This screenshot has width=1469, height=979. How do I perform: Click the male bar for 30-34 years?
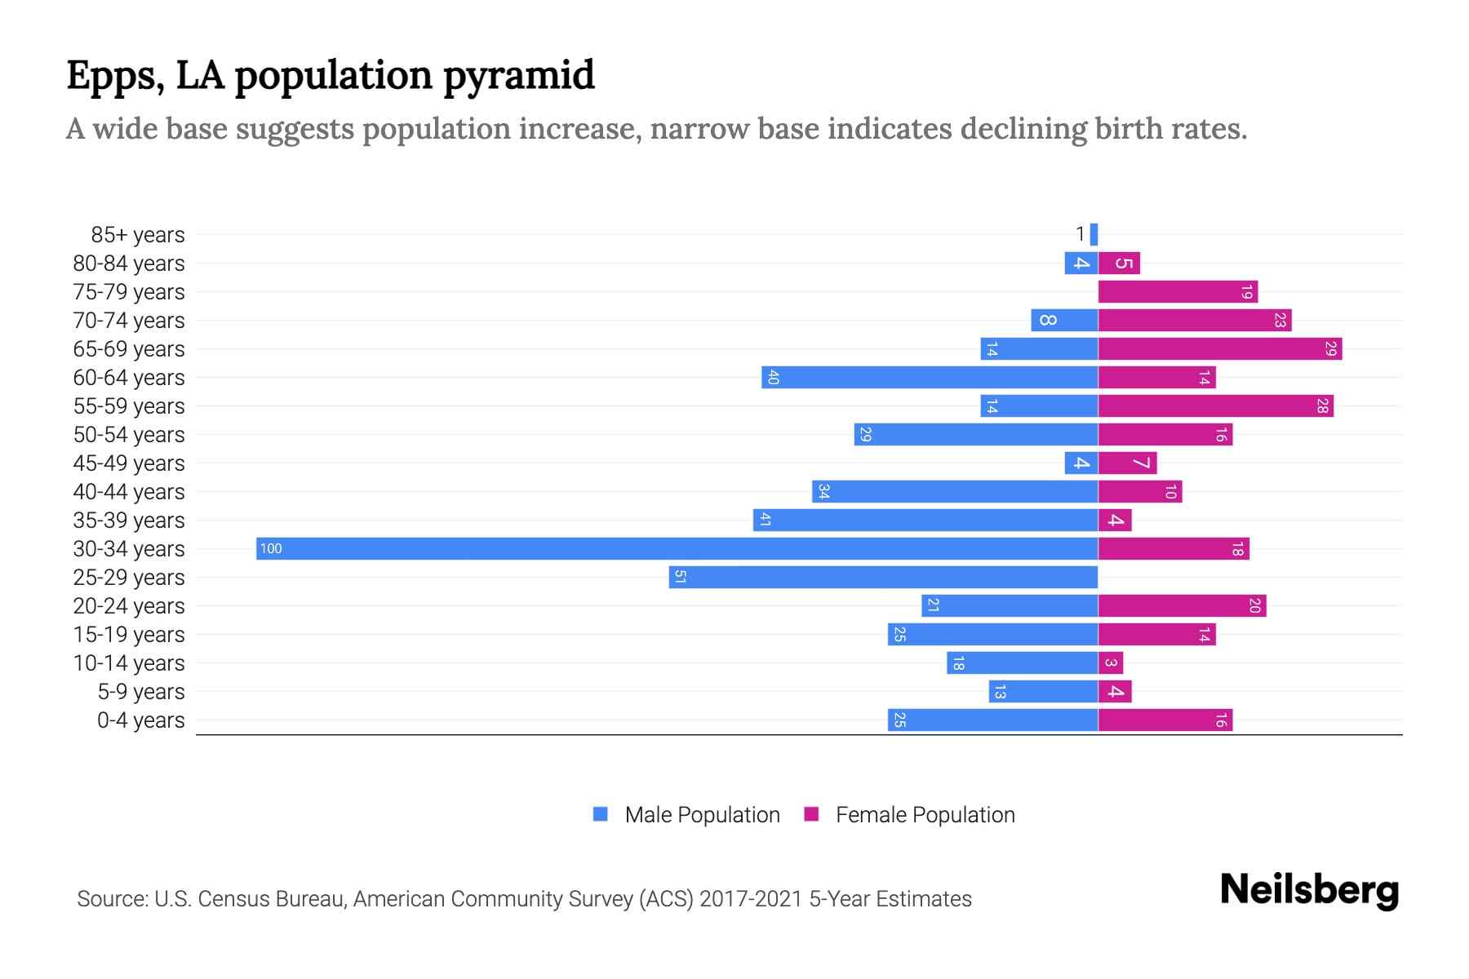pos(677,548)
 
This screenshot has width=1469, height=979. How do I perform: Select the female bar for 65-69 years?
pos(1219,349)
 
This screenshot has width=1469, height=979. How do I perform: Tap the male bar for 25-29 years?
pos(883,578)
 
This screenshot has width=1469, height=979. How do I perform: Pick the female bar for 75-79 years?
pos(1177,292)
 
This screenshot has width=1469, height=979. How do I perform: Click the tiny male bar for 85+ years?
pos(1094,235)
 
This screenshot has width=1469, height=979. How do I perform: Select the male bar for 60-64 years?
pos(930,378)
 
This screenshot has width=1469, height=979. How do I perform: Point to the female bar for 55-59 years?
pos(1215,406)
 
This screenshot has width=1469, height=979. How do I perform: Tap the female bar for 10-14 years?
pos(1111,663)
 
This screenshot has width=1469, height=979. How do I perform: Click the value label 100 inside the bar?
pos(271,549)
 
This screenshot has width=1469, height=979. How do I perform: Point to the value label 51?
pos(680,578)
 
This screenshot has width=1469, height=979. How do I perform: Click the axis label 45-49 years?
pos(129,463)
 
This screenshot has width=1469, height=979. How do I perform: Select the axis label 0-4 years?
pos(140,720)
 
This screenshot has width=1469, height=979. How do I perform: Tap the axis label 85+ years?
pos(138,235)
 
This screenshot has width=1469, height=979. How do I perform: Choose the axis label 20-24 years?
pos(129,606)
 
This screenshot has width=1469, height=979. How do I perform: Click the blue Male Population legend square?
pos(601,814)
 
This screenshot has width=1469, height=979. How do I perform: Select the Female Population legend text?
pos(925,815)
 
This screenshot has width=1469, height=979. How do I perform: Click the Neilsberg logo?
pos(1309,890)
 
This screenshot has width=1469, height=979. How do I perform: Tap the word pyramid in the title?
pos(519,76)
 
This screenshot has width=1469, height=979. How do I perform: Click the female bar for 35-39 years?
pos(1115,521)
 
